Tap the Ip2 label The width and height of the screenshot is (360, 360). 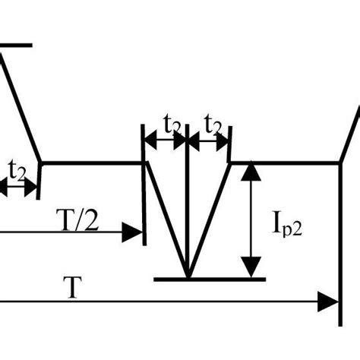[x=286, y=224]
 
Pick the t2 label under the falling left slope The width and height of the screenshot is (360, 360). [x=17, y=169]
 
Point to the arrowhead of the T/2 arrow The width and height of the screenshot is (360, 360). [x=135, y=233]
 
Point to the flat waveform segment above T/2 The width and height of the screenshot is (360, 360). [x=91, y=162]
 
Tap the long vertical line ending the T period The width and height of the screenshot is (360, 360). [x=339, y=243]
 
